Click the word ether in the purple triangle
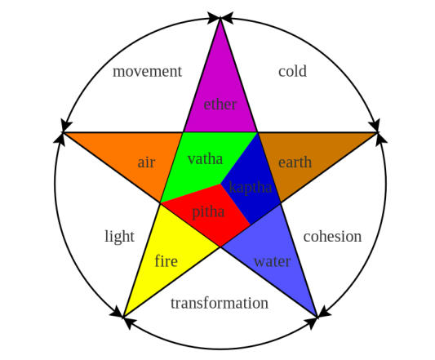[x=220, y=104]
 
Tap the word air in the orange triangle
[x=146, y=162]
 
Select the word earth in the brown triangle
[x=295, y=162]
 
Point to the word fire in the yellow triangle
[x=166, y=261]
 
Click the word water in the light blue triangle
[x=273, y=261]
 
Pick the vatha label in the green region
[x=205, y=159]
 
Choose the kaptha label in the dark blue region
[x=251, y=188]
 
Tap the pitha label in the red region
[x=208, y=212]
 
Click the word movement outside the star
[x=147, y=71]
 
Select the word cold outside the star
[x=292, y=71]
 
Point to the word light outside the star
[x=120, y=237]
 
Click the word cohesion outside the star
[x=332, y=237]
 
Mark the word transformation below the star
[x=220, y=303]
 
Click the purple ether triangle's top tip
[x=220, y=18]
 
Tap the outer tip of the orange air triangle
[x=64, y=133]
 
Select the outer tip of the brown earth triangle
[x=377, y=133]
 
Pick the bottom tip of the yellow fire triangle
[x=123, y=317]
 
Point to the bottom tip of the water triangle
[x=317, y=317]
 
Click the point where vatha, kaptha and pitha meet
[x=220, y=184]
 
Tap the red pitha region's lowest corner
[x=220, y=247]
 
